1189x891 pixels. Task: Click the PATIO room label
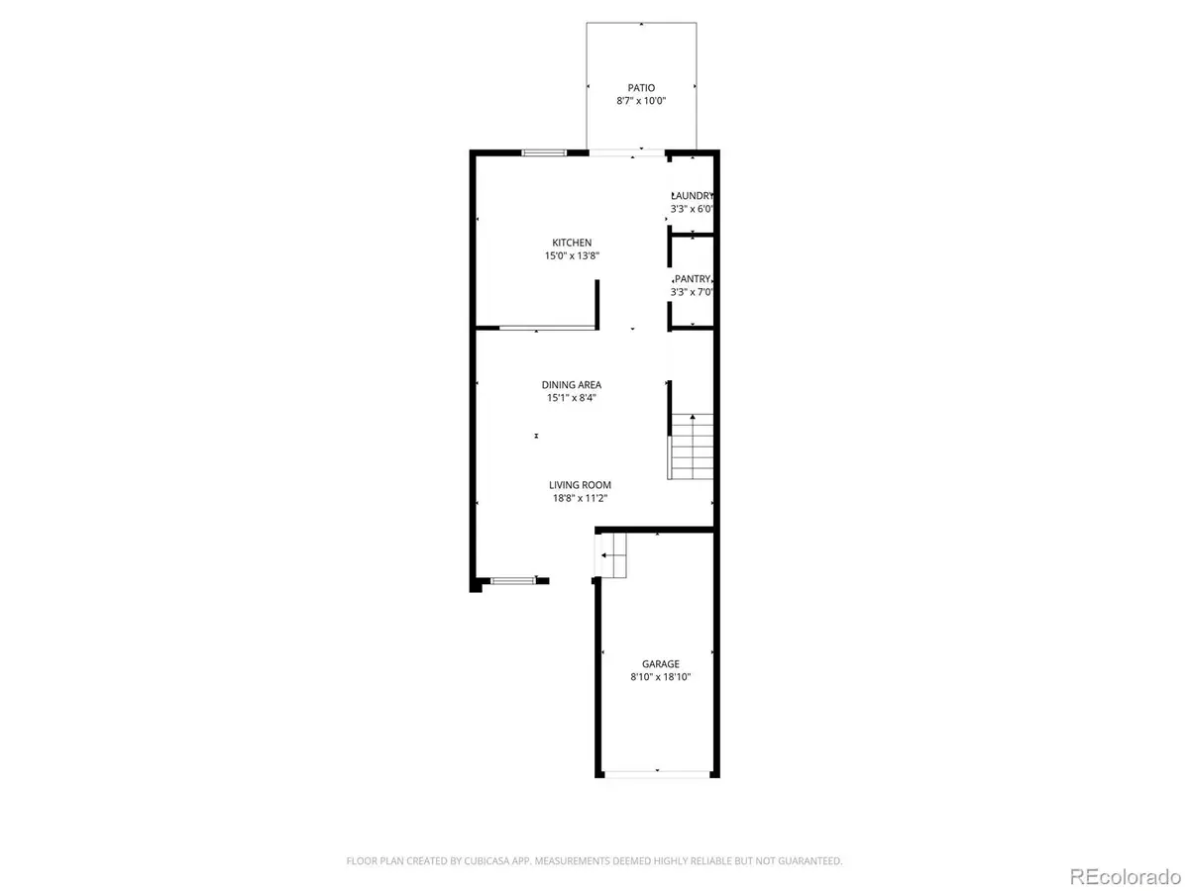click(x=641, y=88)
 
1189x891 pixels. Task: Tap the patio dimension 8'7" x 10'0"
click(x=641, y=102)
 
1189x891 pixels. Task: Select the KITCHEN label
click(x=572, y=243)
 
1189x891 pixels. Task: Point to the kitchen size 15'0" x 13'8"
click(x=572, y=256)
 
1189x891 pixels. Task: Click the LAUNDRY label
click(x=693, y=196)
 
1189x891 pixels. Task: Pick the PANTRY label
click(x=693, y=279)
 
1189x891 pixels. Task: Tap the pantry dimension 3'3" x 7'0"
click(x=693, y=292)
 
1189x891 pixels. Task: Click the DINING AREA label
click(x=571, y=385)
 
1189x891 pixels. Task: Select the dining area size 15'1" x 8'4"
click(x=571, y=399)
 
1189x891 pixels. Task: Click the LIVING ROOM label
click(x=581, y=485)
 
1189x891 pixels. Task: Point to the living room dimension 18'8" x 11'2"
click(x=581, y=498)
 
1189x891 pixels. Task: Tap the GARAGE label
click(x=660, y=664)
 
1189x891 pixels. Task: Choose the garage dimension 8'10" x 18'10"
click(x=660, y=677)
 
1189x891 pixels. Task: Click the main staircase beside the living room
click(x=693, y=447)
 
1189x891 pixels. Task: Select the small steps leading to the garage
click(x=612, y=556)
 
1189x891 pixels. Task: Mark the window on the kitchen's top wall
click(x=544, y=152)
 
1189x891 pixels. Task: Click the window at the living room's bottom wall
click(x=513, y=580)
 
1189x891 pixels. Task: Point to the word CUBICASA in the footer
click(x=485, y=861)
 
